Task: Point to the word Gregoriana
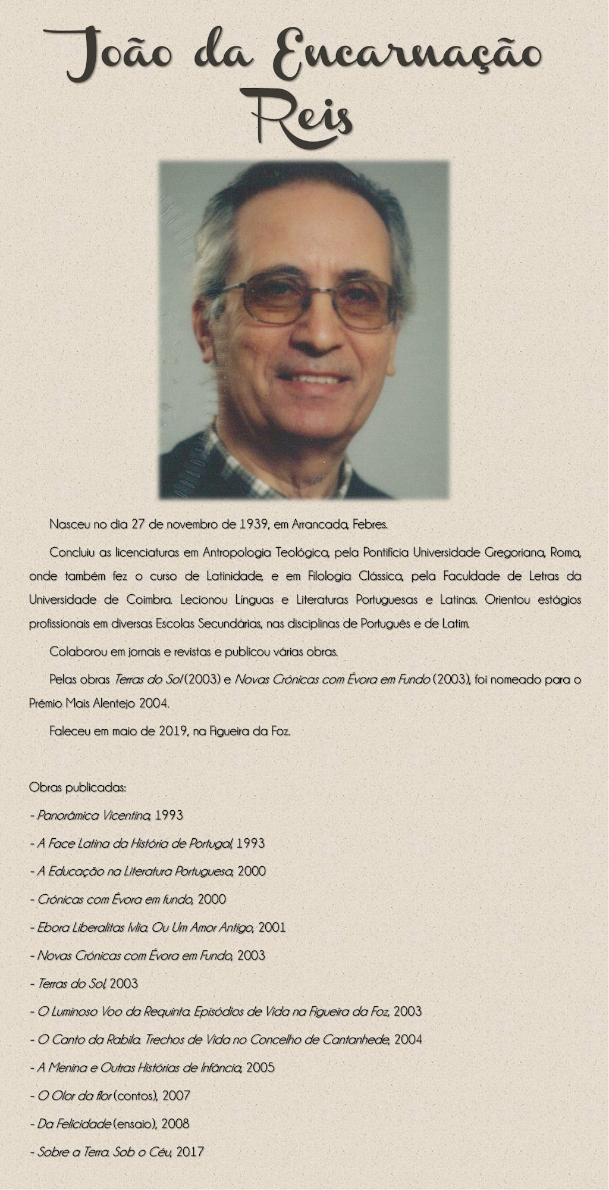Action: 514,552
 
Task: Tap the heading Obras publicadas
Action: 77,788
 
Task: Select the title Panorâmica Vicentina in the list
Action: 94,815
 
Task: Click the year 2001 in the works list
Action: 272,927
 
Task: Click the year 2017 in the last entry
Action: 190,1151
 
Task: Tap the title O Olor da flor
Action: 75,1095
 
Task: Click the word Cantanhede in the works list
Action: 356,1039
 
